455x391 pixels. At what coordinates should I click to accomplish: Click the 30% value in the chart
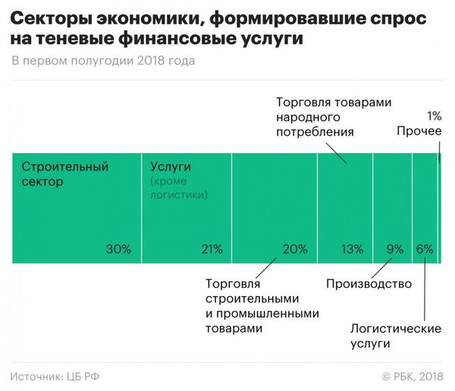pyautogui.click(x=119, y=249)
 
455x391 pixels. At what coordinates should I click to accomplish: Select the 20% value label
pyautogui.click(x=294, y=249)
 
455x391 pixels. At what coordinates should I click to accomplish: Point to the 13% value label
pyautogui.click(x=351, y=249)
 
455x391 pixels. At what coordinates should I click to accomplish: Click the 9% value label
pyautogui.click(x=395, y=249)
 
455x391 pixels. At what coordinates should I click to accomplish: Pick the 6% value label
pyautogui.click(x=424, y=249)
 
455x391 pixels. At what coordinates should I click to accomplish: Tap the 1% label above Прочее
pyautogui.click(x=434, y=117)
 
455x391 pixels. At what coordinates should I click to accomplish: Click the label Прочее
pyautogui.click(x=419, y=132)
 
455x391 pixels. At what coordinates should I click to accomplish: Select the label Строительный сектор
pyautogui.click(x=65, y=174)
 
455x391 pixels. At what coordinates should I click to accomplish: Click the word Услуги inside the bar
pyautogui.click(x=170, y=167)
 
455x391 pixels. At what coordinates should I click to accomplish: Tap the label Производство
pyautogui.click(x=369, y=284)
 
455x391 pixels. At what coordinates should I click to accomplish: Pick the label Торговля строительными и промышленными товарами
pyautogui.click(x=262, y=306)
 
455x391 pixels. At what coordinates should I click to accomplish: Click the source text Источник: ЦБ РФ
pyautogui.click(x=57, y=376)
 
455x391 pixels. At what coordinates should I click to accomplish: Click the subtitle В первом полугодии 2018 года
pyautogui.click(x=103, y=61)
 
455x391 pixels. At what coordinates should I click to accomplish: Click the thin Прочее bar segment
pyautogui.click(x=439, y=208)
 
